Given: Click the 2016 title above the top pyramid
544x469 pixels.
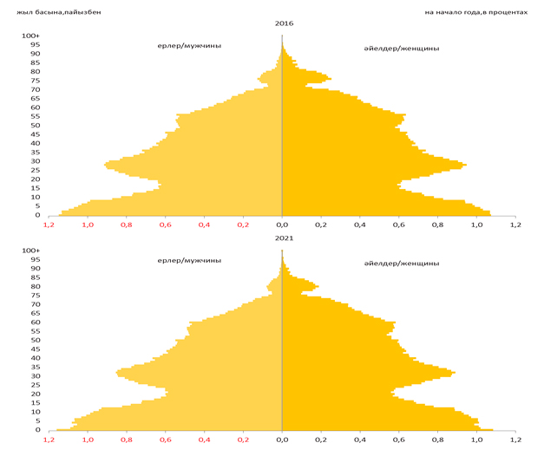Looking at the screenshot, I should [282, 23].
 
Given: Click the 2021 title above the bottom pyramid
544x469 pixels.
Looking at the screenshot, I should [282, 238].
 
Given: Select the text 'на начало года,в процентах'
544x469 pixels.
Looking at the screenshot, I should [475, 12].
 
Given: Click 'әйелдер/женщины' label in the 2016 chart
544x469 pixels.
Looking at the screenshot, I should [402, 49].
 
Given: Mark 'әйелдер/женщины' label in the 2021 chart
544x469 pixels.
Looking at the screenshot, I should [402, 263].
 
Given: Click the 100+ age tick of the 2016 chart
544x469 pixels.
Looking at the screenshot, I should [30, 36].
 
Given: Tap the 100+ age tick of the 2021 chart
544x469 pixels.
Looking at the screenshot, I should [30, 251].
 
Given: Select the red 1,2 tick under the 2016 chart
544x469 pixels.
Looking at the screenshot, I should [49, 225].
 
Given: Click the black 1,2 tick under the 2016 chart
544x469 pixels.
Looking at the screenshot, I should [515, 225].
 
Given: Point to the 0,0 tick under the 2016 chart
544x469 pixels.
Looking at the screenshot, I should [282, 225].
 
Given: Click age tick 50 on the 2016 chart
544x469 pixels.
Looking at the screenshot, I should [35, 126].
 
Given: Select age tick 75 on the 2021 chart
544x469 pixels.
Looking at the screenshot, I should [35, 296].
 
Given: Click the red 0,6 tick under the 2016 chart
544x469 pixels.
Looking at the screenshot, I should [165, 225].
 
